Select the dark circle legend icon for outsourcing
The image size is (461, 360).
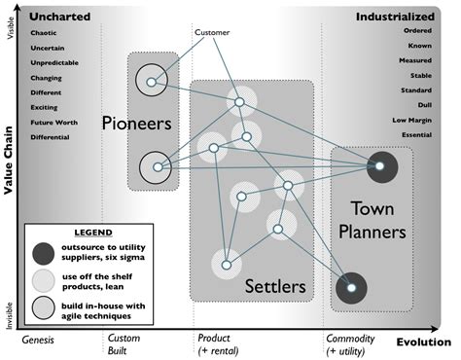42,255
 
